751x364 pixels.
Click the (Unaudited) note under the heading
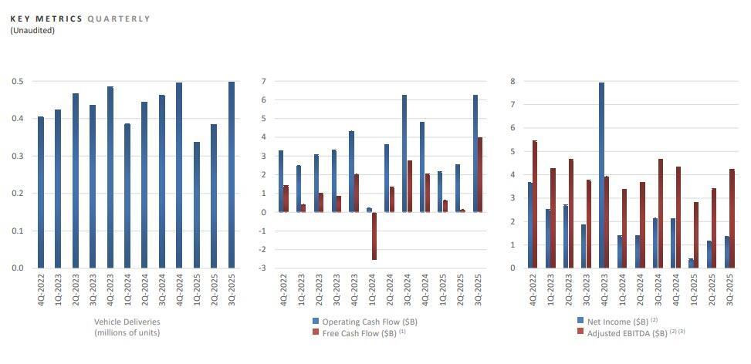tap(32, 30)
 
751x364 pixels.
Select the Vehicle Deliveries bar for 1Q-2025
tap(197, 204)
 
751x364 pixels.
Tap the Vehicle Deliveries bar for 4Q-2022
tap(41, 192)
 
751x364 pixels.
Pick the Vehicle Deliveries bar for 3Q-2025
tap(232, 174)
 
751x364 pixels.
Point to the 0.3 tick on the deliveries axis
tap(17, 156)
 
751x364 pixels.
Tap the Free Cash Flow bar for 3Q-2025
tap(481, 174)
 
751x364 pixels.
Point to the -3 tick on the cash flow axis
tap(263, 268)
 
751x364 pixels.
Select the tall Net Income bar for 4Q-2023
tap(601, 175)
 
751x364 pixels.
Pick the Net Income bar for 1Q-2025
tap(691, 263)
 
